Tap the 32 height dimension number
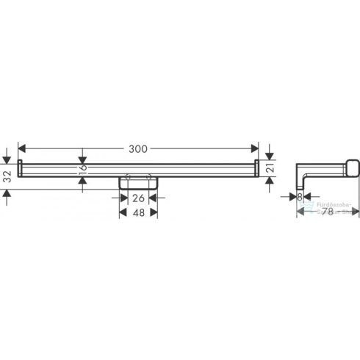click(7, 176)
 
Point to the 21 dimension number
click(270, 170)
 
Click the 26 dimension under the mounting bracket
click(138, 196)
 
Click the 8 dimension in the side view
click(300, 197)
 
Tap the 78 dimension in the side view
click(329, 212)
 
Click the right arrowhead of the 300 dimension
click(255, 148)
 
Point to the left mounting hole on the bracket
click(128, 176)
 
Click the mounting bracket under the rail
click(138, 181)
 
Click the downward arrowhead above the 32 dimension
click(7, 159)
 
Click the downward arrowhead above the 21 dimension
click(270, 156)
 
